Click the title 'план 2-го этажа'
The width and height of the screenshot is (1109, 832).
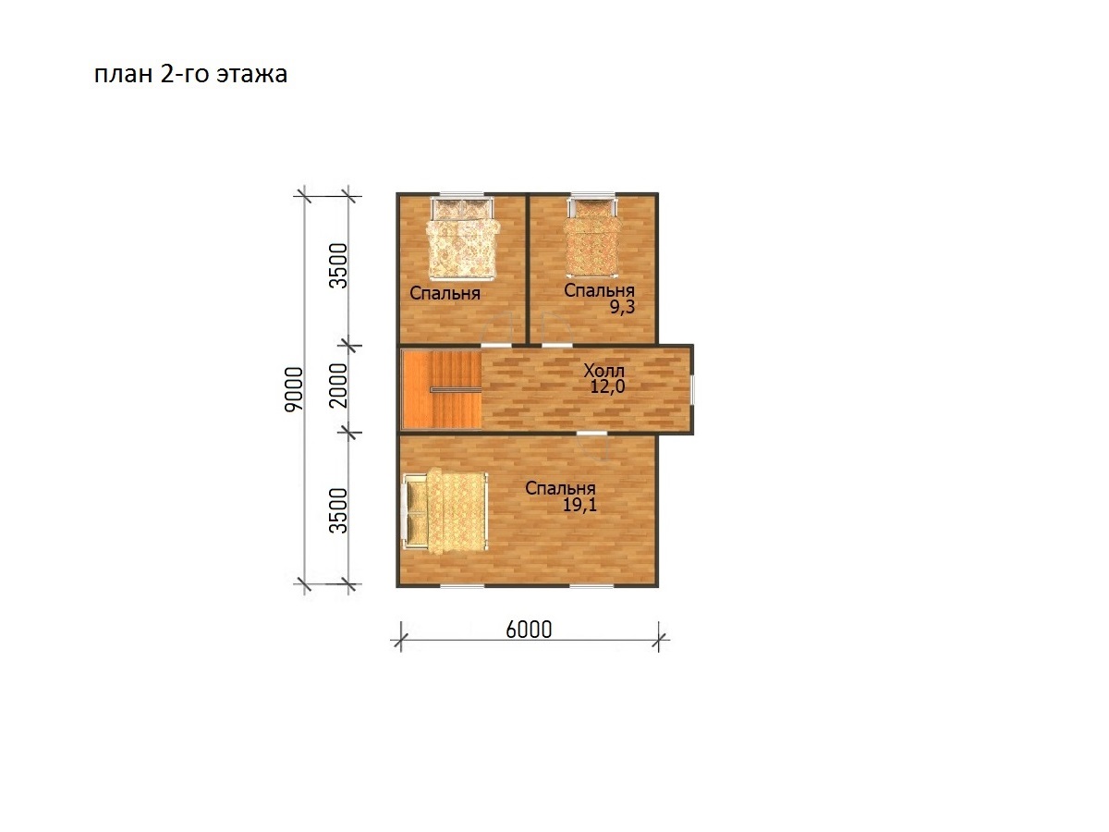tap(190, 74)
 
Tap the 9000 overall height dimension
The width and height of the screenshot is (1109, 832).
tap(294, 389)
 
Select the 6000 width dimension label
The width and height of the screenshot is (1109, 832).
tap(529, 630)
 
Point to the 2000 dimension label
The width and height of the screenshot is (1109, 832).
tap(338, 385)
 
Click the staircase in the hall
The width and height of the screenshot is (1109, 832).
tap(442, 389)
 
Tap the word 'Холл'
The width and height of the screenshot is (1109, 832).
tap(603, 371)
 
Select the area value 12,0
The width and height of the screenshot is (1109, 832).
tap(607, 387)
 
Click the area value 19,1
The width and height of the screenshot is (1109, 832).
tap(579, 505)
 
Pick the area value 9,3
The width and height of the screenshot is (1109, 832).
tap(622, 307)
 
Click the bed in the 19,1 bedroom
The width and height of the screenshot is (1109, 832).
tap(445, 511)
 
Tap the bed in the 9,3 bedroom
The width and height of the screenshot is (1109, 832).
tap(592, 237)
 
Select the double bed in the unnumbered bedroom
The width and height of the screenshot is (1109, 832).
tap(462, 238)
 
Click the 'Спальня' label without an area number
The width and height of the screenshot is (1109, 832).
tap(445, 293)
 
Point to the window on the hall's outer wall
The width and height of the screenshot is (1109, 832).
tap(691, 389)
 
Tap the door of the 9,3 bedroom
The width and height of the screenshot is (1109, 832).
tap(557, 329)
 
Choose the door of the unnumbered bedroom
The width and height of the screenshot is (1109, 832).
tap(496, 329)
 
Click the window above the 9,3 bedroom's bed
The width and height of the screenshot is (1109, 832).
tap(592, 193)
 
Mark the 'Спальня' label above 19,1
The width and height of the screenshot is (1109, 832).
tap(560, 488)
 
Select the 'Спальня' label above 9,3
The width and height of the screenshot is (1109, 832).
tap(599, 290)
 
